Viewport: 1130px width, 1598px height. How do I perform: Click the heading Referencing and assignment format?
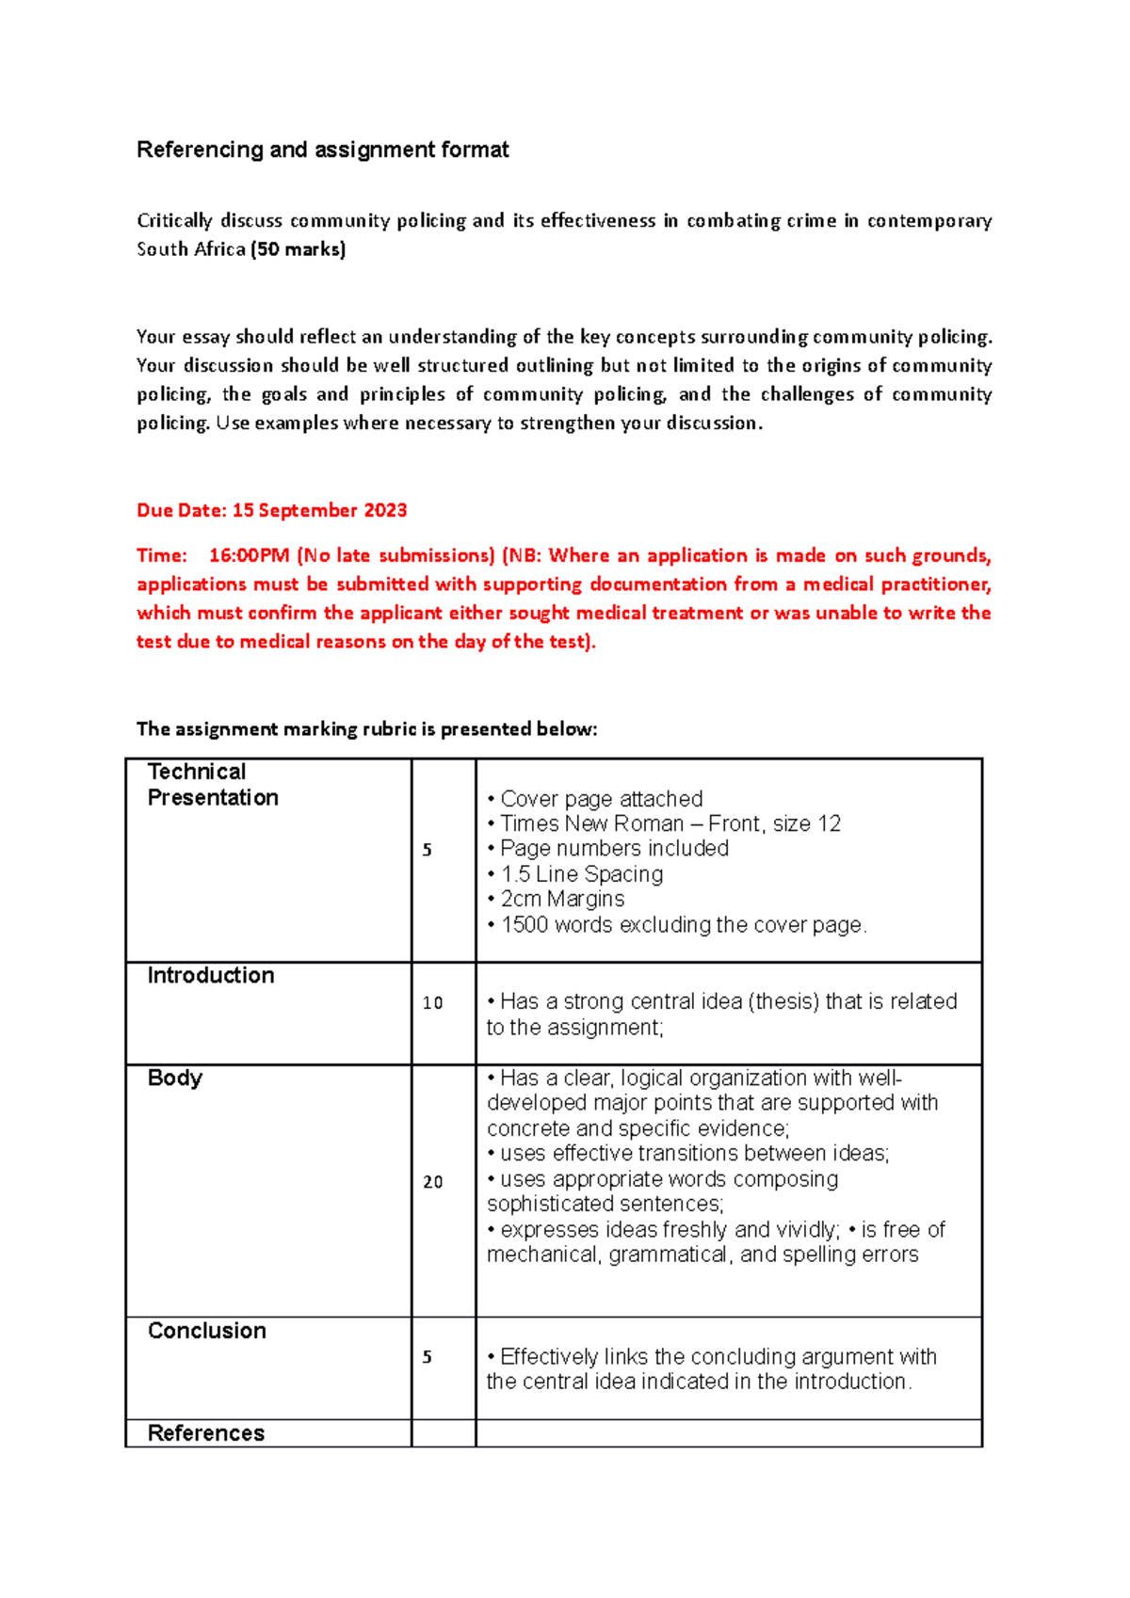coord(322,150)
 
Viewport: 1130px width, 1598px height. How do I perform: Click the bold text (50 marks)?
coord(298,249)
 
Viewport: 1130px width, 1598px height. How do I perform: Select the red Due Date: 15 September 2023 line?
coord(271,510)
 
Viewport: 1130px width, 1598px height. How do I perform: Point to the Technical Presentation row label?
coord(213,784)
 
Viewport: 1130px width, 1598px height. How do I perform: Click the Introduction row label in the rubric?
coord(211,975)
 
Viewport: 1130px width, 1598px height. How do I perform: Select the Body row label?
coord(175,1078)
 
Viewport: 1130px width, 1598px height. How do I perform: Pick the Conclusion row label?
coord(207,1331)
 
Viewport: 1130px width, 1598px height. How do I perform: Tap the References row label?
coord(206,1432)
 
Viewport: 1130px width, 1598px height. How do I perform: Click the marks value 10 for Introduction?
coord(432,1003)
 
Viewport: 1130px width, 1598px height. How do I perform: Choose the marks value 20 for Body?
coord(432,1182)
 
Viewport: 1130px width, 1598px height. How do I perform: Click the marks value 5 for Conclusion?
coord(427,1357)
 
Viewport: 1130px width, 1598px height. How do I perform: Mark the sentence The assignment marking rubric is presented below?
coord(366,728)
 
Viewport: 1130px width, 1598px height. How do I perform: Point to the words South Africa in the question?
coord(191,249)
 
